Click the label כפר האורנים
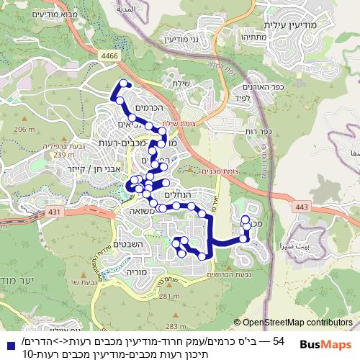pos(249,86)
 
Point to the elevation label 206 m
pos(24,130)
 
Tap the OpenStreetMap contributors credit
pos(297,323)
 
